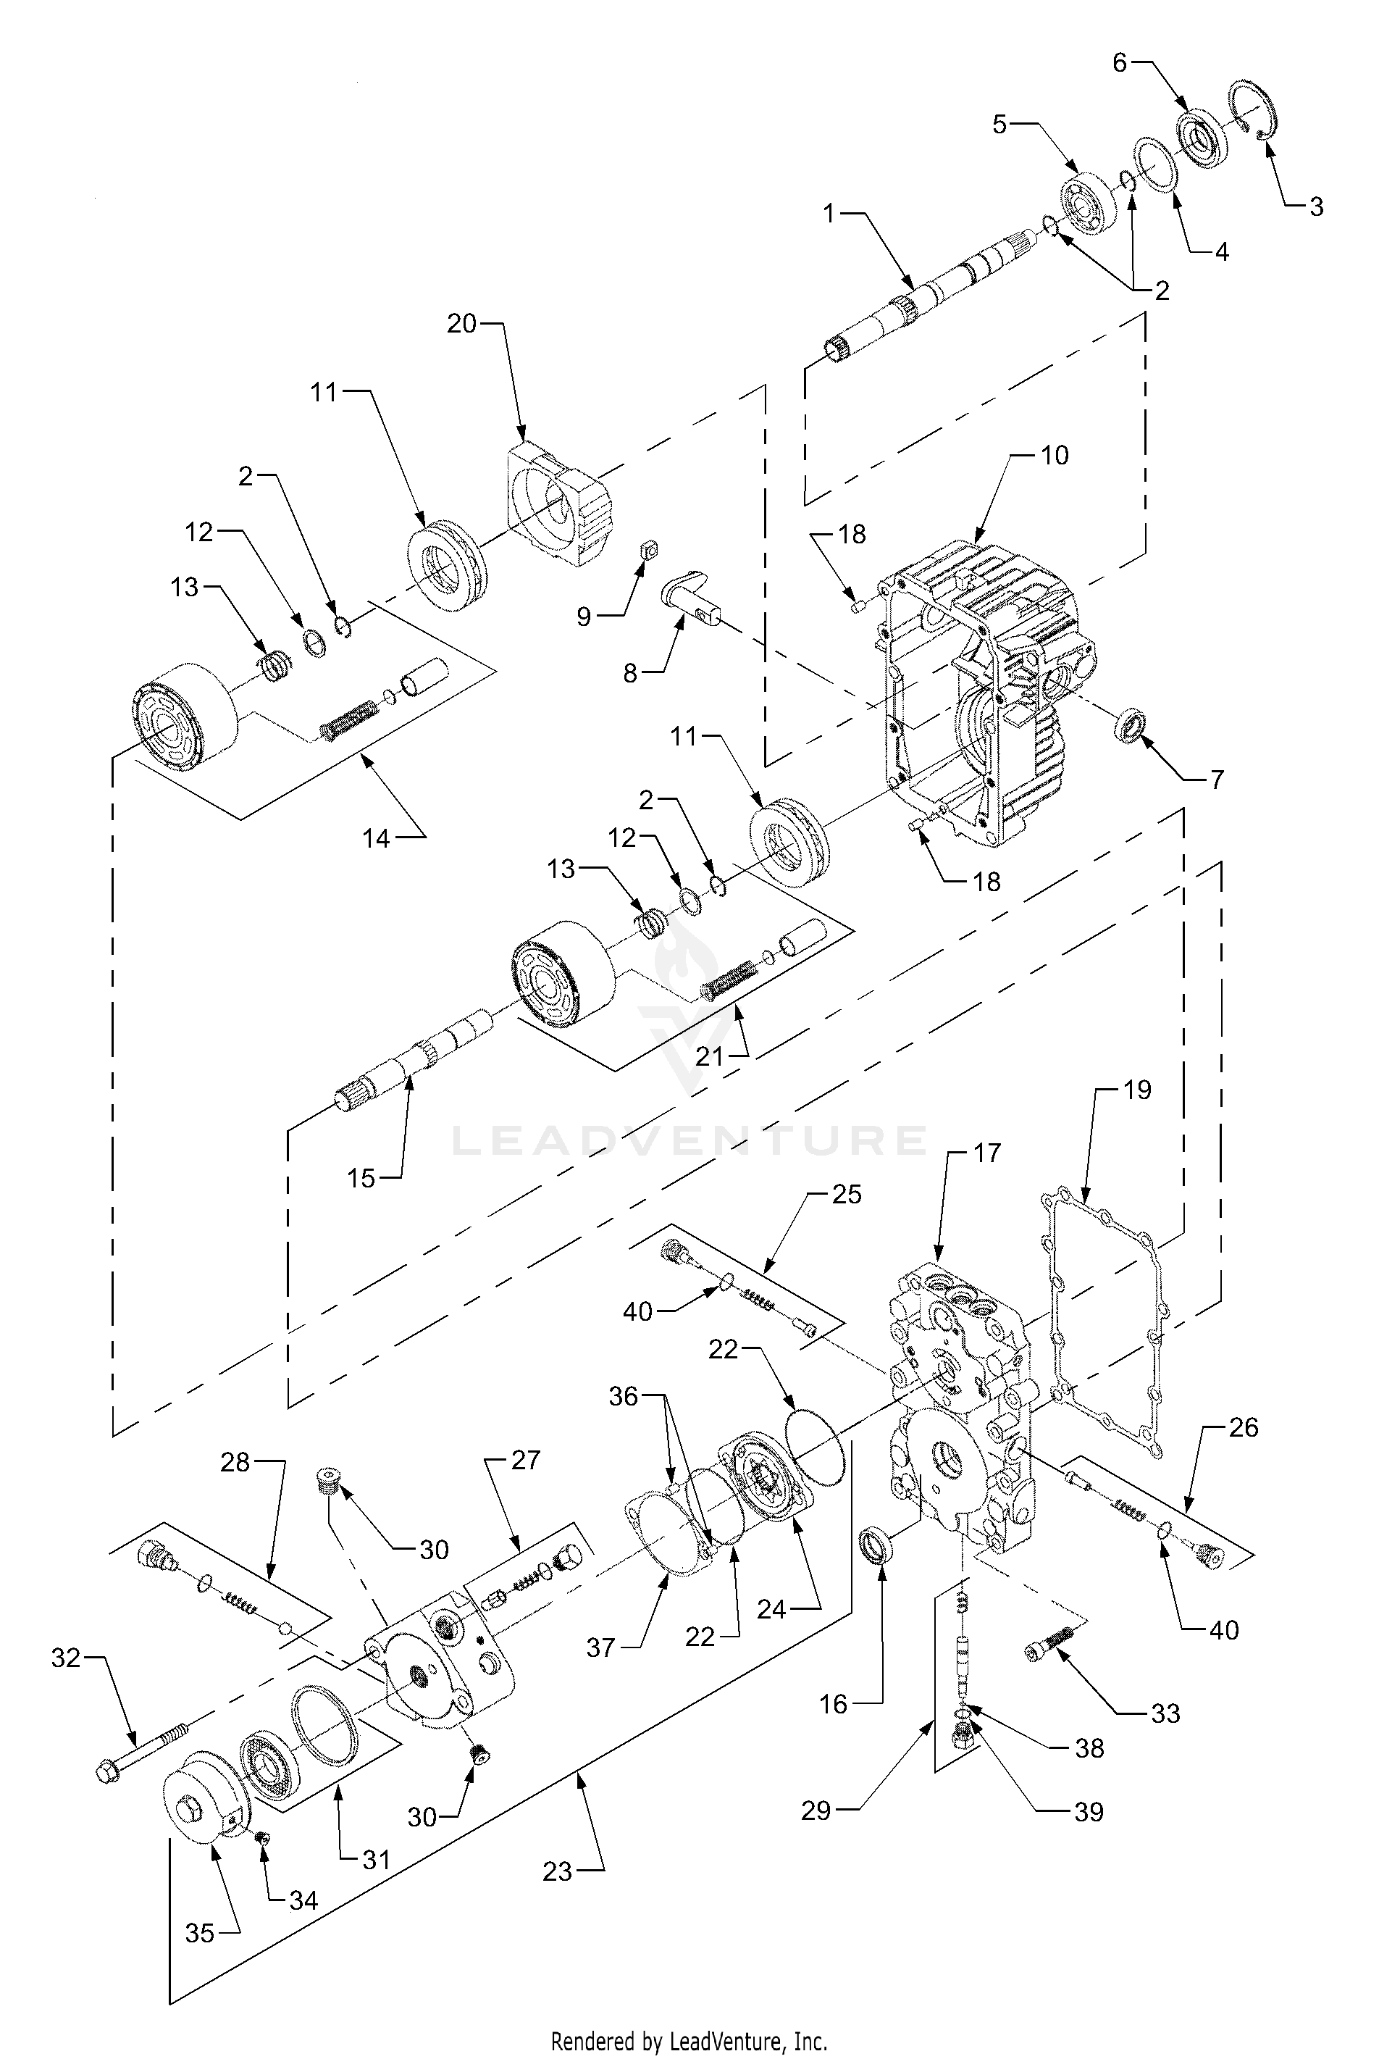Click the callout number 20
click(x=462, y=324)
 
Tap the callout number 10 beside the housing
click(x=1055, y=455)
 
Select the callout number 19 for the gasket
click(x=1137, y=1090)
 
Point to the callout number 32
click(x=66, y=1658)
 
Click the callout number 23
click(x=558, y=1871)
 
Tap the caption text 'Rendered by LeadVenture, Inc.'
click(x=689, y=2041)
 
